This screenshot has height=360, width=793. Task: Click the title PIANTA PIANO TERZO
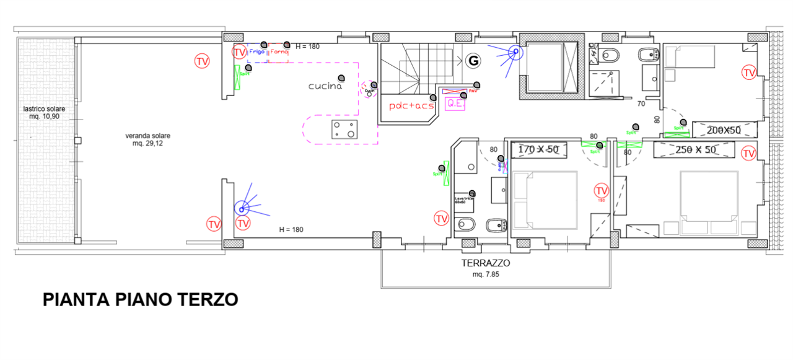point(141,300)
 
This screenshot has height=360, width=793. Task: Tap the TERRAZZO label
point(486,263)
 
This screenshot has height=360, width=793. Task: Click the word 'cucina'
point(325,86)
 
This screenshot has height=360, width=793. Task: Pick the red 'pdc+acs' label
point(412,106)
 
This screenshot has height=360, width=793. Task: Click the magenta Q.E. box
point(455,104)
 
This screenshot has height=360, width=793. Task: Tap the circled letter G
point(473,60)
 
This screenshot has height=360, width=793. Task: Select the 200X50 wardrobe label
point(724,130)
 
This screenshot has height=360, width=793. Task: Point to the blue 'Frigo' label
point(256,52)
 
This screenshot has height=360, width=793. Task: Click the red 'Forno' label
point(279,52)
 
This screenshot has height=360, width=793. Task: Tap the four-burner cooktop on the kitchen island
point(344,130)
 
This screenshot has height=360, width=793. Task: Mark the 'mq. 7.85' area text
point(486,274)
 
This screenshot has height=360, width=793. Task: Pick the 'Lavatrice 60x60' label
point(464,200)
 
